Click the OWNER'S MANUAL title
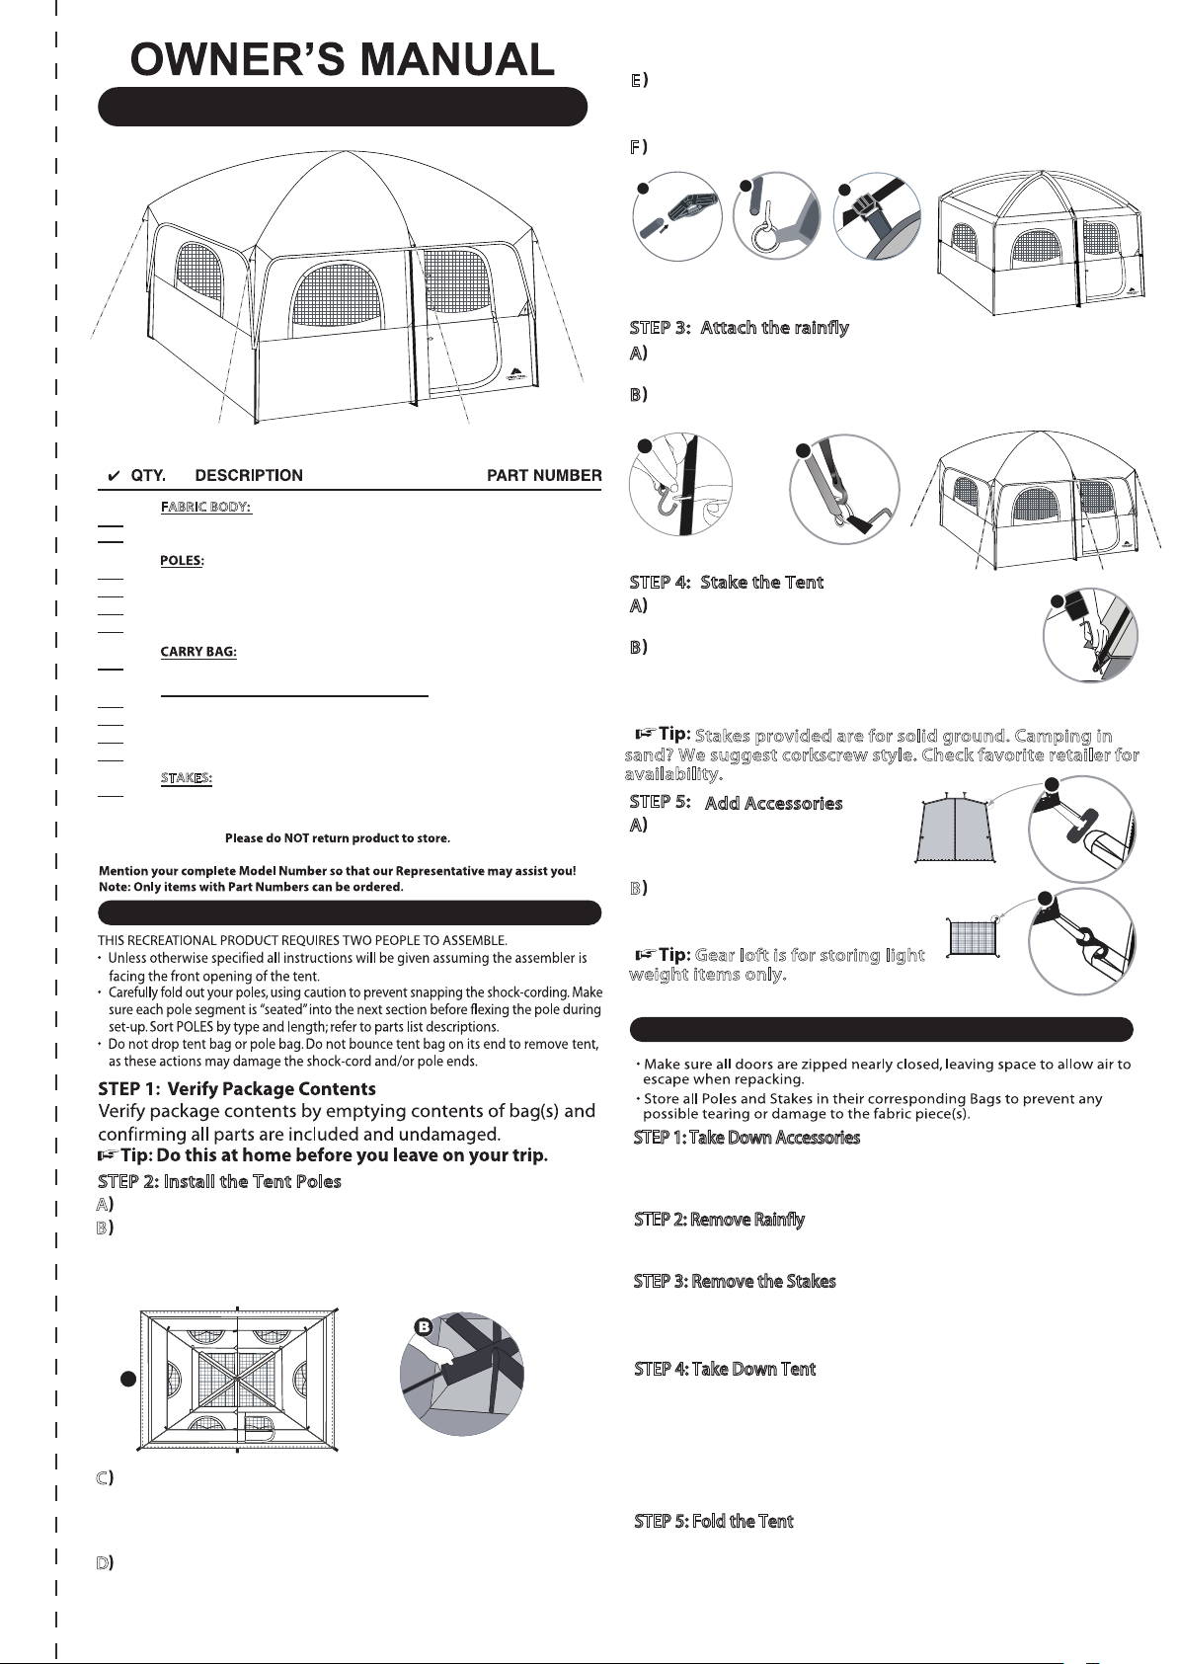coord(343,60)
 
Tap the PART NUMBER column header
coord(544,475)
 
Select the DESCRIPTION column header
coord(249,475)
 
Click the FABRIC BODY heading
coord(206,507)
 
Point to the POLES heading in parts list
coord(182,561)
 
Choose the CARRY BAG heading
coord(198,652)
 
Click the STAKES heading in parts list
coord(187,778)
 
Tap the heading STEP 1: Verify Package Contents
coord(237,1089)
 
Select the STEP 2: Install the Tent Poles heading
coord(219,1181)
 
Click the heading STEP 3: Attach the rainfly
coord(739,328)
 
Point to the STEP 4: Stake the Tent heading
coord(726,582)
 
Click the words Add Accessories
coord(773,803)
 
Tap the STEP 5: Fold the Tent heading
coord(713,1521)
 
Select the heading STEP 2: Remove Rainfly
coord(719,1220)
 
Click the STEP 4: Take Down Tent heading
coord(725,1369)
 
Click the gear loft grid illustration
coord(976,936)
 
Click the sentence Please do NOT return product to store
coord(338,838)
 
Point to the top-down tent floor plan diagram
coord(239,1382)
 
